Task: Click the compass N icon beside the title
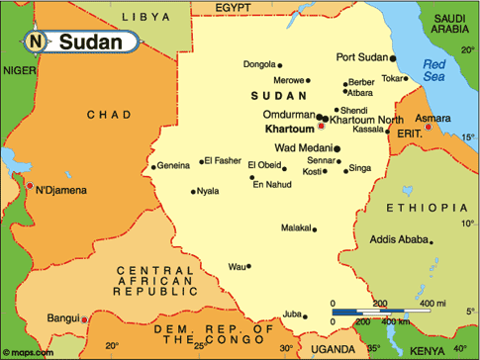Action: pos(36,43)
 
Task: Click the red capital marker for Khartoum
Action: pos(320,128)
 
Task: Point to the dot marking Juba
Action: pos(305,315)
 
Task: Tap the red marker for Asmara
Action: pos(428,127)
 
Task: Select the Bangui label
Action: pos(62,317)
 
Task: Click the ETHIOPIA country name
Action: pos(418,208)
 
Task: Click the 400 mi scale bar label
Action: pos(432,302)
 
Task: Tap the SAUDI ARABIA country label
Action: pos(446,24)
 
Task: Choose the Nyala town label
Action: pos(208,191)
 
